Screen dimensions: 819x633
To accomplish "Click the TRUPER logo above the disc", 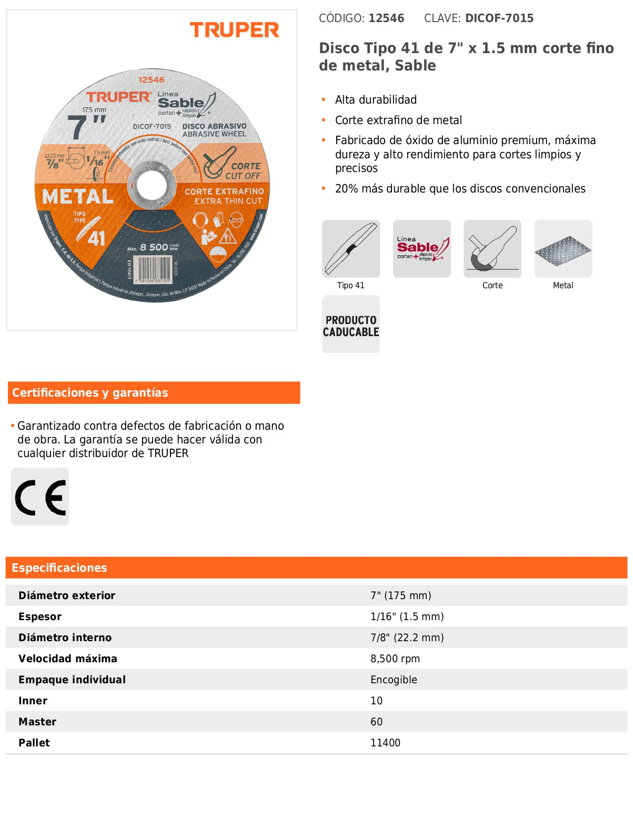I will (234, 30).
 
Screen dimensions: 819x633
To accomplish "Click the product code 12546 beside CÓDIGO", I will (386, 18).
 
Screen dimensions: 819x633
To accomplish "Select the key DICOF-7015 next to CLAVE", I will (499, 18).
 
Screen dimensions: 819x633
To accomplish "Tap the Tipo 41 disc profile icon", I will (350, 249).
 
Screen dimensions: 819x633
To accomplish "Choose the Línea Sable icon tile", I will (421, 249).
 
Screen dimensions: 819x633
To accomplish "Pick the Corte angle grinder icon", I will (492, 249).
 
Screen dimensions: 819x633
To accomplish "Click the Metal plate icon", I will (563, 249).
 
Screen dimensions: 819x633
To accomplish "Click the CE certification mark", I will (40, 497).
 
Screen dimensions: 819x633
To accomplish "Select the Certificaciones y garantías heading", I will (90, 393).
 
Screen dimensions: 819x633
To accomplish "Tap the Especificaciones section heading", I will (59, 568).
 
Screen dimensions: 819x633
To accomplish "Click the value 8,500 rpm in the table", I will (395, 659).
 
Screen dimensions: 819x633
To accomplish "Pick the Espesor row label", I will (40, 616).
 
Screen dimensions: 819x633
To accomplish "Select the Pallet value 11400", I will (385, 743).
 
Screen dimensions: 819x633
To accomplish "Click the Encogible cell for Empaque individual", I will (394, 680).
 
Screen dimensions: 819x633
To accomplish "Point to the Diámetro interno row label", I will (65, 638).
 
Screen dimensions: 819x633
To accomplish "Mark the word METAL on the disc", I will (78, 197).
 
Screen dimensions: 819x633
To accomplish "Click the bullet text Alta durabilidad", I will (376, 100).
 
